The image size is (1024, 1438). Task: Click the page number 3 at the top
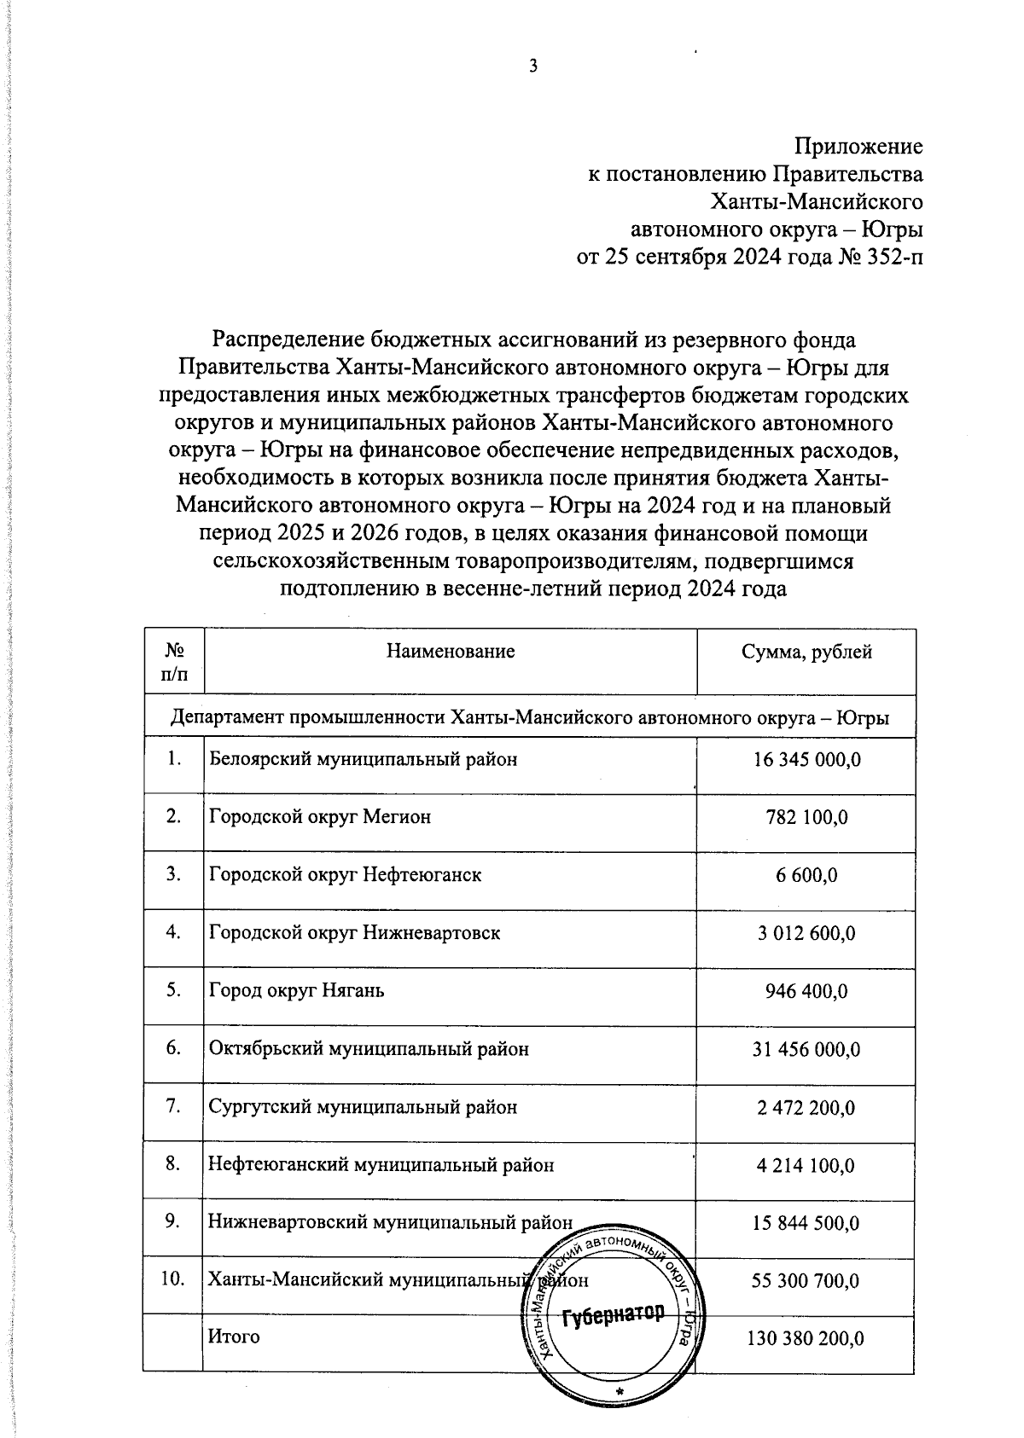tap(533, 67)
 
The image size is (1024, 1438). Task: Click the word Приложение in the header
tap(858, 146)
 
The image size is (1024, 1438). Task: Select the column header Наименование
tap(451, 652)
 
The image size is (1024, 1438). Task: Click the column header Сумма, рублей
tap(806, 652)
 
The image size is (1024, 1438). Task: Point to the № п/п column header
tap(174, 662)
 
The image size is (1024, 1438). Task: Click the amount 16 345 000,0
tap(806, 759)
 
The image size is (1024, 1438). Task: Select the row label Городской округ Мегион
tap(320, 817)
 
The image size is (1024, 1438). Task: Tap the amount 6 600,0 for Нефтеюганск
tap(806, 875)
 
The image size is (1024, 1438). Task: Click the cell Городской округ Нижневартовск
tap(354, 932)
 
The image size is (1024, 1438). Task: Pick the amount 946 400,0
tap(806, 991)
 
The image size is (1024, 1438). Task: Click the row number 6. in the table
tap(173, 1048)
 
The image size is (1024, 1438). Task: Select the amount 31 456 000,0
tap(806, 1049)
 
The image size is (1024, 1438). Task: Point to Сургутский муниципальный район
tap(363, 1107)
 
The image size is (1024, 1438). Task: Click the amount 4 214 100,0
tap(806, 1165)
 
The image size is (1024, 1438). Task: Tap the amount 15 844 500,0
tap(806, 1223)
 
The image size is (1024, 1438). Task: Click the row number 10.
tap(173, 1279)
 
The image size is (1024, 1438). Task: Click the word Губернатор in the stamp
tap(613, 1314)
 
